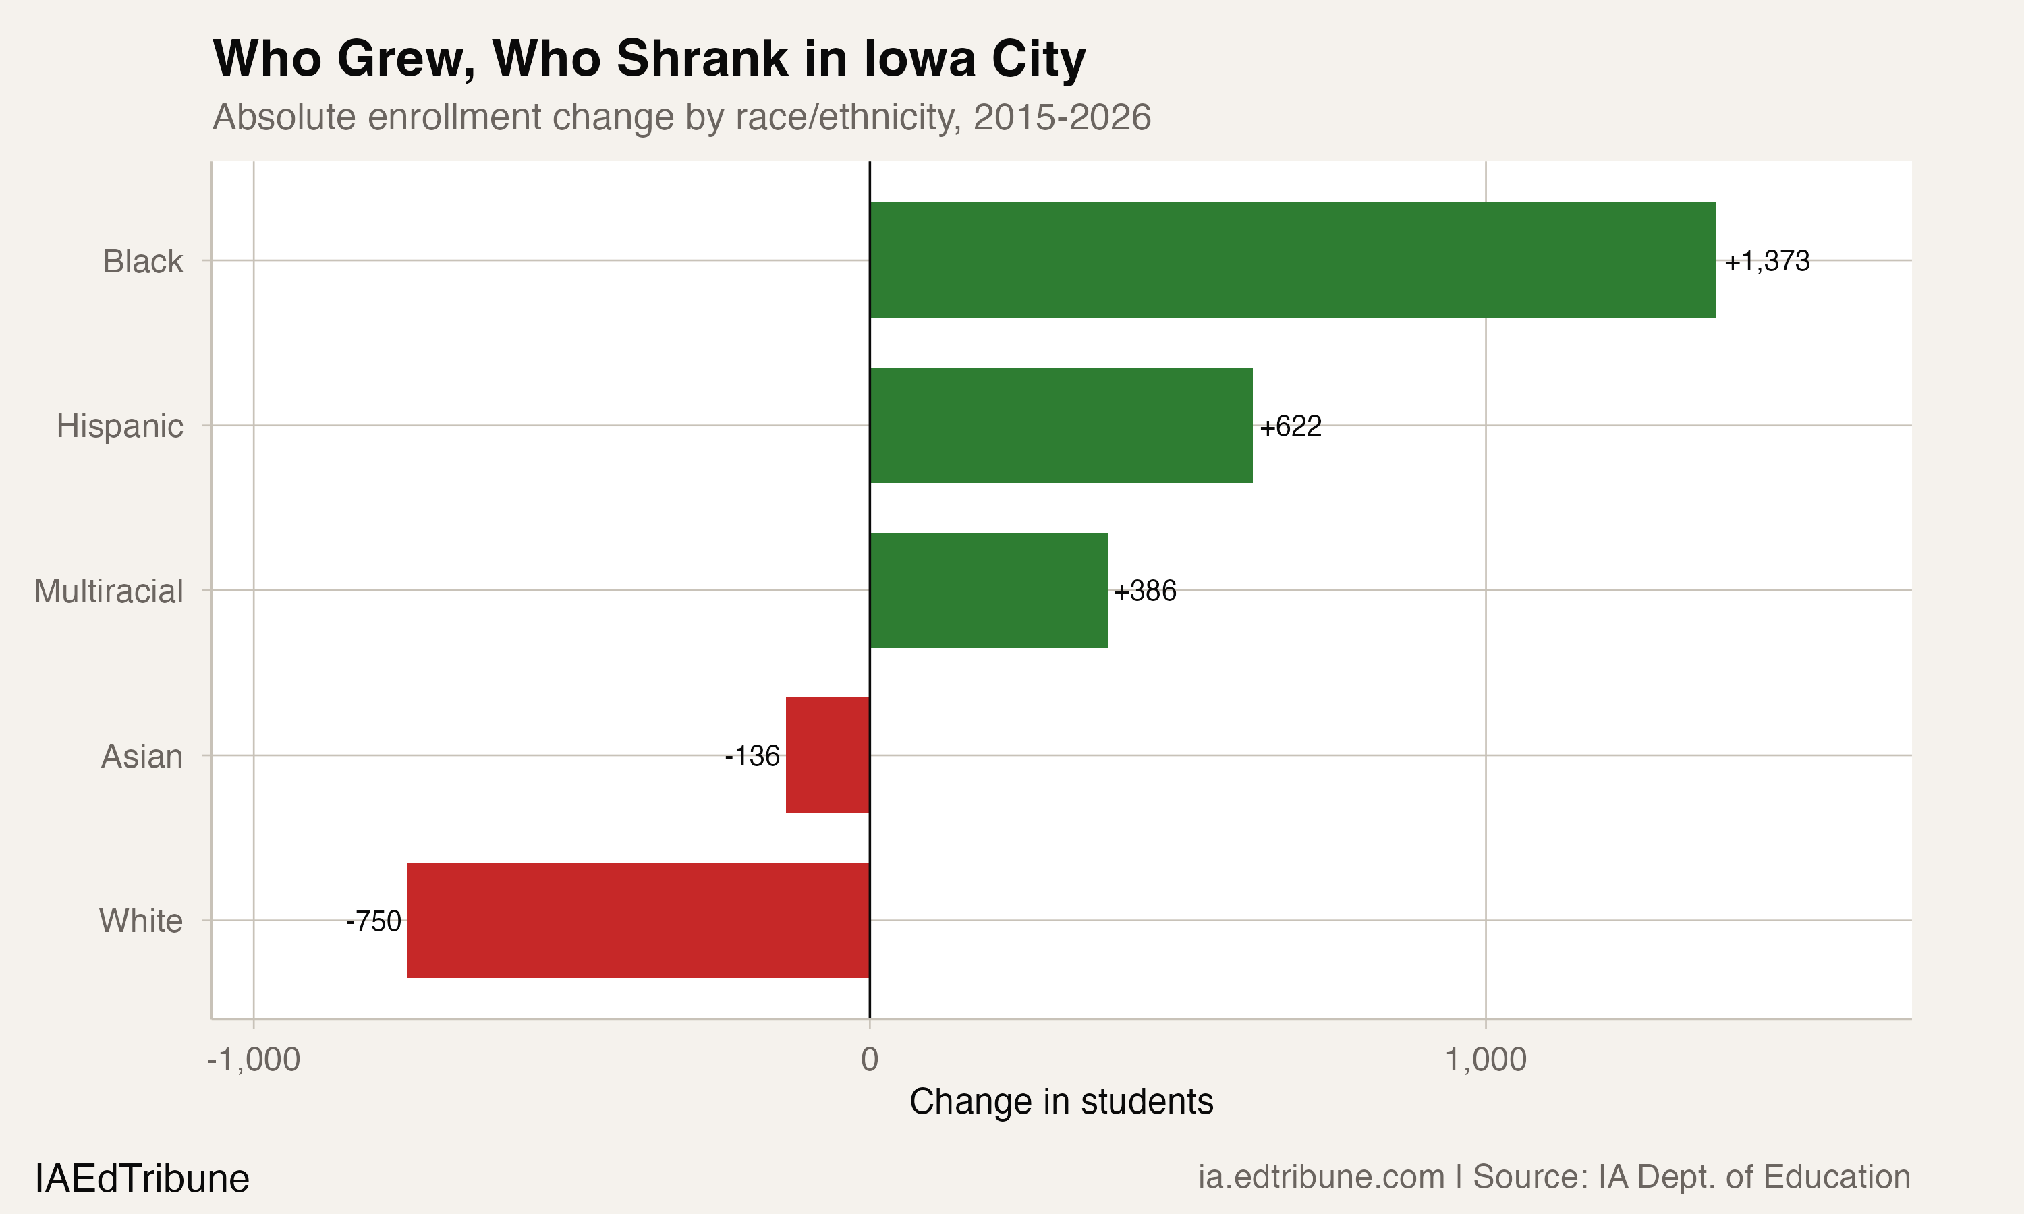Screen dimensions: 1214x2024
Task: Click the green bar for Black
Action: pos(1292,260)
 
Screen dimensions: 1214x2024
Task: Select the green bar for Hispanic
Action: pos(1061,426)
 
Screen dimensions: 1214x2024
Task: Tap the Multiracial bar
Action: pos(988,591)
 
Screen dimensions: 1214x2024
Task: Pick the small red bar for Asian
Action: pos(827,755)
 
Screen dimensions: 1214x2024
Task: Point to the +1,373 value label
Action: pos(1766,261)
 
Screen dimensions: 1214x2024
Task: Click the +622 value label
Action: pos(1290,426)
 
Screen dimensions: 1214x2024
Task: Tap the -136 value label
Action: pos(752,756)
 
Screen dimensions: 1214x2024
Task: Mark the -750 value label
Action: pos(374,921)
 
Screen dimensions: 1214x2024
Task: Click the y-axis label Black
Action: pos(142,262)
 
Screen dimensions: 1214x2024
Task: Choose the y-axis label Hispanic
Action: pos(119,426)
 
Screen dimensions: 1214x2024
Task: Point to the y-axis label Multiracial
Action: pos(108,591)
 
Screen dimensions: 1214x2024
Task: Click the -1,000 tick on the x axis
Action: pos(254,1060)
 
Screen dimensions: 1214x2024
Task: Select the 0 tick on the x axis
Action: pos(869,1060)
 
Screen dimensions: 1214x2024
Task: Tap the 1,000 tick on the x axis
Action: pos(1485,1060)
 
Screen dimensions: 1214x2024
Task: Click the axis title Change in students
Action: pos(1061,1101)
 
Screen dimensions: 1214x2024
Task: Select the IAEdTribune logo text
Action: pos(142,1179)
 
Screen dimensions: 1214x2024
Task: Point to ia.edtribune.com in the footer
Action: pos(1320,1176)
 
